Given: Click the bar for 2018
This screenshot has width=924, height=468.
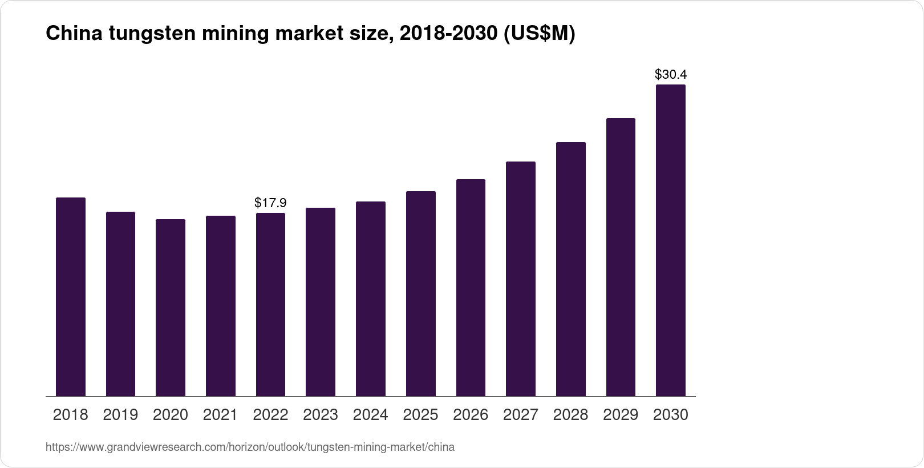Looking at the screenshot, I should point(71,297).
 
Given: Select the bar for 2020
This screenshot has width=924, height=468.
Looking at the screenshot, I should point(171,308).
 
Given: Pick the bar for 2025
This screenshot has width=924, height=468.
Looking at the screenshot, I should point(421,293).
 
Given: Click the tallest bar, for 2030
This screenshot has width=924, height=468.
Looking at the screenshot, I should point(671,240).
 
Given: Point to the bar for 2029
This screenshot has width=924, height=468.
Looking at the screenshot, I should point(621,257).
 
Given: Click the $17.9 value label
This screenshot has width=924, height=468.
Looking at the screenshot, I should point(270,203).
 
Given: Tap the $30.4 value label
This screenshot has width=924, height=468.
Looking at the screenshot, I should point(671,74).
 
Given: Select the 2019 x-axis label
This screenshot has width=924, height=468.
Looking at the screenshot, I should point(120,415).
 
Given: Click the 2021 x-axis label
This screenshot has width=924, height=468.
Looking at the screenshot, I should point(221,415).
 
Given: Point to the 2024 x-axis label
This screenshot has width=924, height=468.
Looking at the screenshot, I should point(371,415).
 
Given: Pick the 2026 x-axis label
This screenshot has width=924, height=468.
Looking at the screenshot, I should point(471,415).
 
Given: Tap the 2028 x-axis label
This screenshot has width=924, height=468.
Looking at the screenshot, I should point(571,415).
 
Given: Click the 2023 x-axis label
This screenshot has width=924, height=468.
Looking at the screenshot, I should point(321,415).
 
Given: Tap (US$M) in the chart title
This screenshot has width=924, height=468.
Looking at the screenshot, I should point(539,34).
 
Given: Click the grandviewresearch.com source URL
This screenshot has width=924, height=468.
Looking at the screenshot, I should point(250,447).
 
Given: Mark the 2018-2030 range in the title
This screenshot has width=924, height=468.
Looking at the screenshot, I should point(448,34).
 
